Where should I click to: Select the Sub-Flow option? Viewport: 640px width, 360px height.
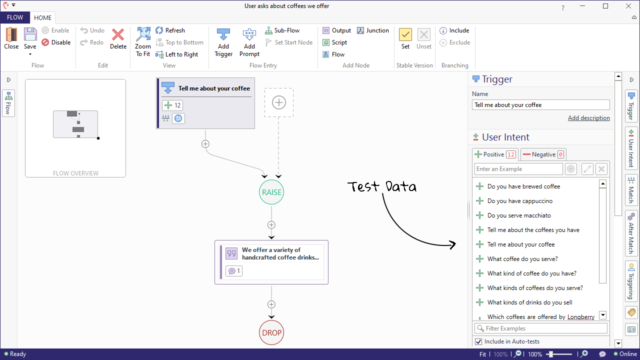click(282, 30)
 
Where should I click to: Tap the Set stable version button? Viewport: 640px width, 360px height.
click(405, 38)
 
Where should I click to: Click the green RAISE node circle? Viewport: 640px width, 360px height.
click(271, 192)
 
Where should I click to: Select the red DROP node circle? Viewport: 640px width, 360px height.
click(271, 332)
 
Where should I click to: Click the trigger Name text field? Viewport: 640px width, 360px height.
click(540, 105)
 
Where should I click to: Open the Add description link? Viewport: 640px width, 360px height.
click(588, 118)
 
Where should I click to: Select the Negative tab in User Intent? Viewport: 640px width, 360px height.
click(543, 154)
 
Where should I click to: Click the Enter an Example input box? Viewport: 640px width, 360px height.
click(518, 169)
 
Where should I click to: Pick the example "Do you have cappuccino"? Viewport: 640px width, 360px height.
click(519, 201)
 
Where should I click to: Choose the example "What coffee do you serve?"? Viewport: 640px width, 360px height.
click(522, 259)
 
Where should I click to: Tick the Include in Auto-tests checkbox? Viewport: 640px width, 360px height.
click(478, 341)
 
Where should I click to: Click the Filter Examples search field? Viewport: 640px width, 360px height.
click(540, 328)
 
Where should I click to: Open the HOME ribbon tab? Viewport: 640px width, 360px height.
click(43, 18)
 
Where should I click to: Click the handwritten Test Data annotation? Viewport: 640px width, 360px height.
click(382, 187)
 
